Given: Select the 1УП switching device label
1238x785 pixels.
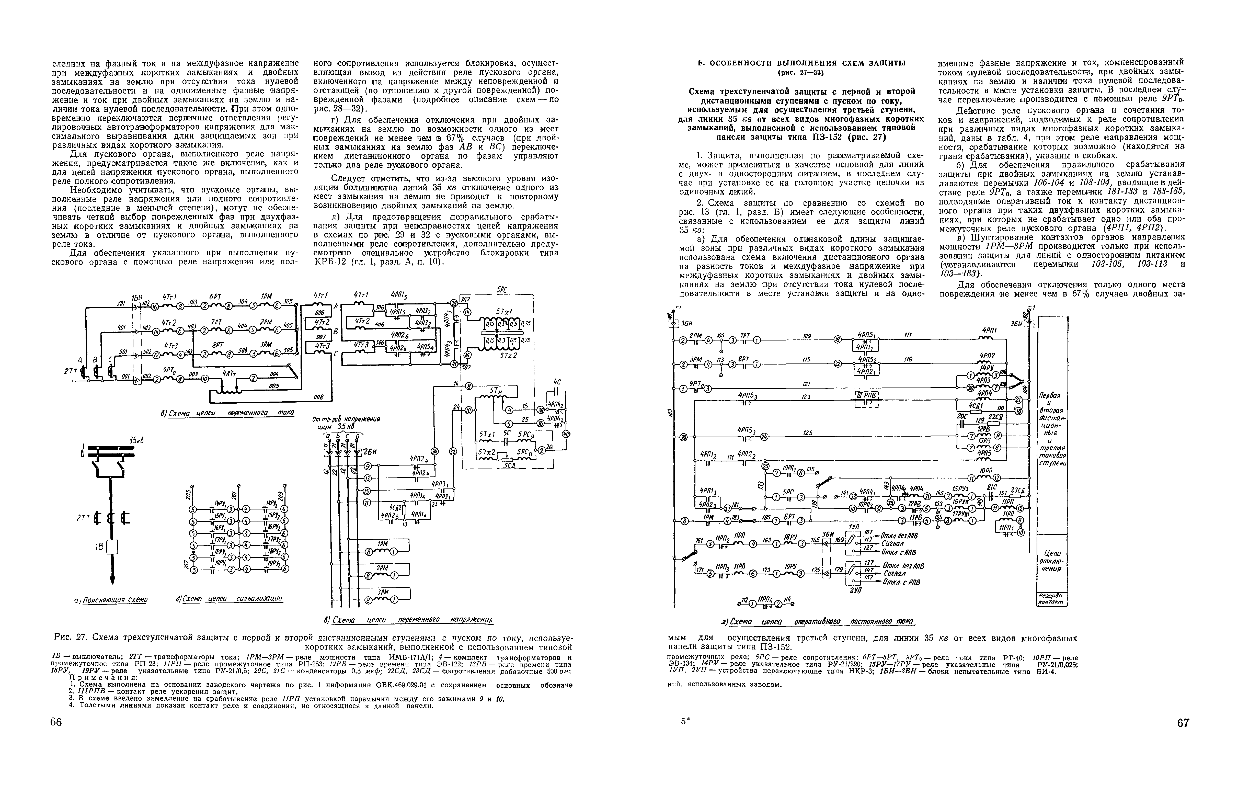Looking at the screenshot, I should click(x=854, y=527).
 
